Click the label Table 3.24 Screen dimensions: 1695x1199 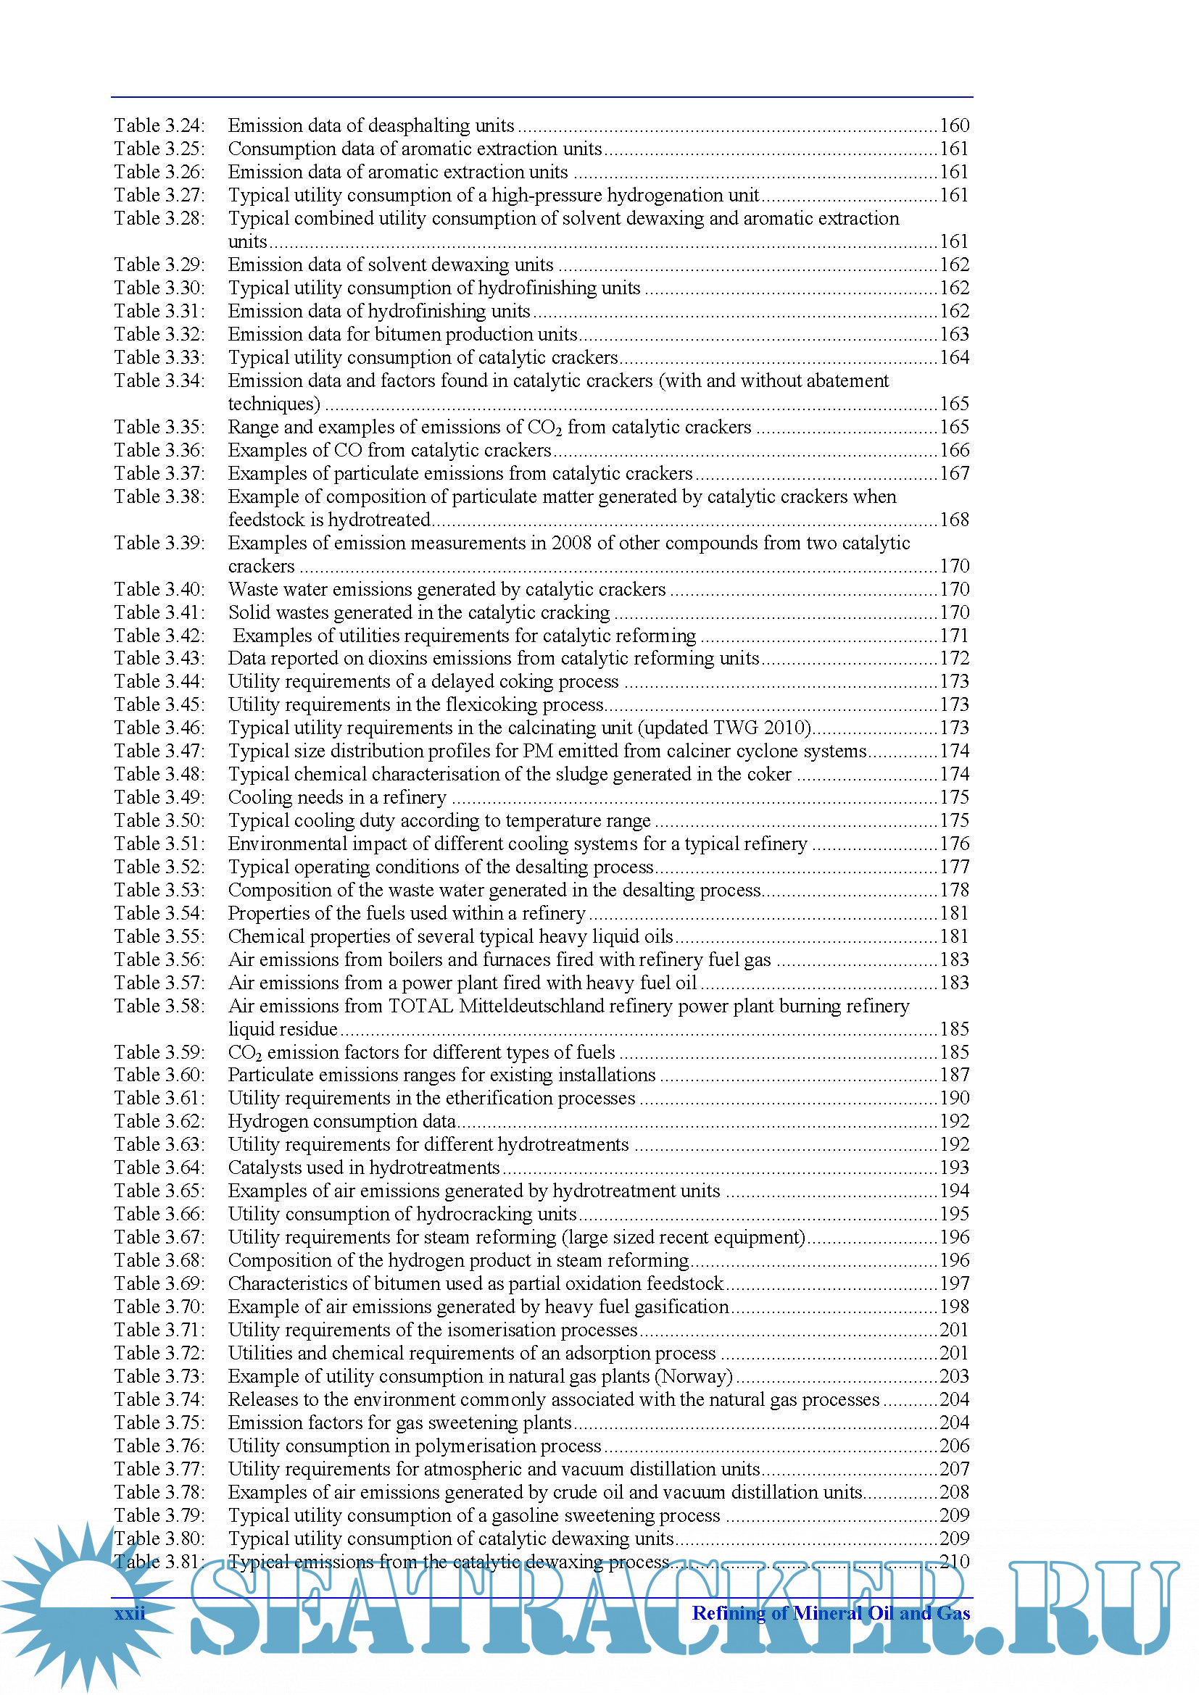[159, 126]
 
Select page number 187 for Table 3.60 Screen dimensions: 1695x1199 [954, 1075]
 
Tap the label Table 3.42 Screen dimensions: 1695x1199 [159, 636]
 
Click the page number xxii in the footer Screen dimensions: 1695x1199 [130, 1613]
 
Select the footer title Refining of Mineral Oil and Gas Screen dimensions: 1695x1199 [831, 1613]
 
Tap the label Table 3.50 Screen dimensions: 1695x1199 [159, 820]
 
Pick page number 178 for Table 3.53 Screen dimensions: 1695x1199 [954, 890]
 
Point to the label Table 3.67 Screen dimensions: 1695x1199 [159, 1237]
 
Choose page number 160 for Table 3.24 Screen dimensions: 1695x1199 [954, 126]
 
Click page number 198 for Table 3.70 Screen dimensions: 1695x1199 [954, 1307]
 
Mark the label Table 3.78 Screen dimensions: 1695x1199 [159, 1492]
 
